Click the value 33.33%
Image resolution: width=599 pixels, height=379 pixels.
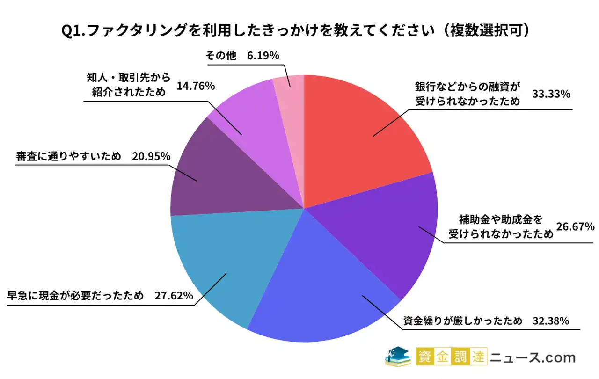pos(551,95)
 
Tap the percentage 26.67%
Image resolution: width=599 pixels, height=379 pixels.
pos(575,227)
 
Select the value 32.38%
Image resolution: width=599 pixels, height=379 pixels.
pos(551,321)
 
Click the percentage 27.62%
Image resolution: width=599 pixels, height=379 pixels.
pos(174,296)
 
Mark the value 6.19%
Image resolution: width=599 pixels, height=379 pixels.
pos(263,56)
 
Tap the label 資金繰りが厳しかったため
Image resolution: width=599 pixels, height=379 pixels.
pos(463,321)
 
